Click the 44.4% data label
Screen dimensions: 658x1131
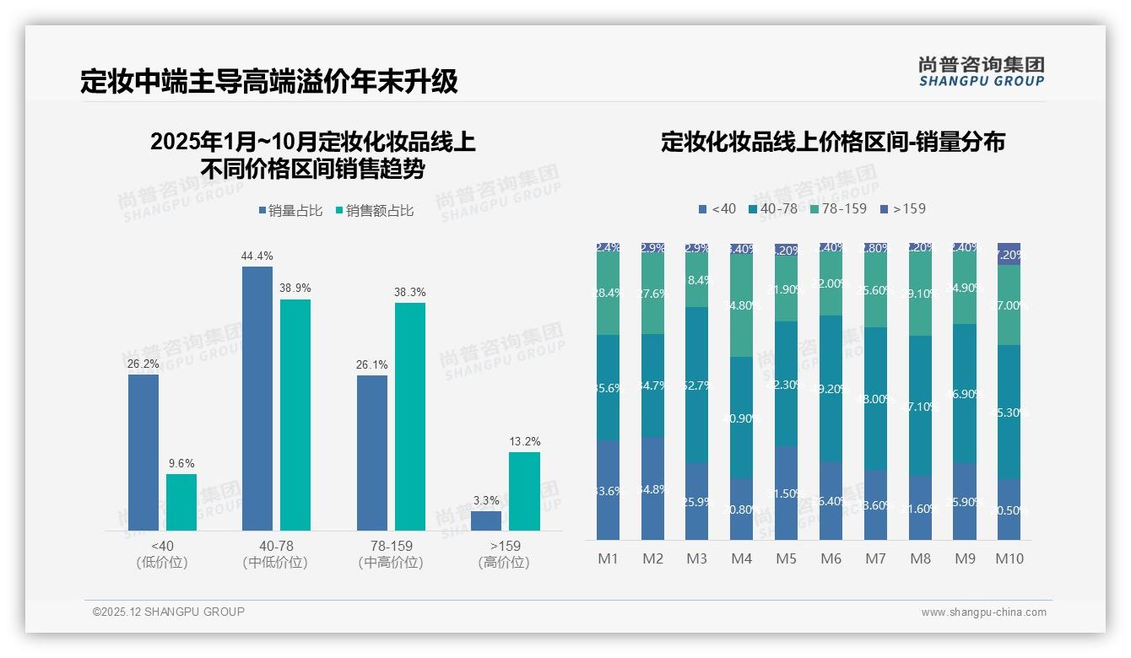[x=257, y=256]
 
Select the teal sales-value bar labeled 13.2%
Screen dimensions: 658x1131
[x=524, y=491]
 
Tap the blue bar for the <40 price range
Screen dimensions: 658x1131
[x=143, y=452]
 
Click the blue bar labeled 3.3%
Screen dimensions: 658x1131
[x=486, y=520]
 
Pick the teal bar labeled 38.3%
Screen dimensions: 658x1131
[x=410, y=416]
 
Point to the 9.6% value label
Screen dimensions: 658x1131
[x=181, y=463]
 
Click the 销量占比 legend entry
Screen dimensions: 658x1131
[x=290, y=211]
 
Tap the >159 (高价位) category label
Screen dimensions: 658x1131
[x=504, y=554]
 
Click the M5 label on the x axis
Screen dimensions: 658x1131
[x=786, y=558]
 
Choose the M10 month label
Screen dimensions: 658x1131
[x=1009, y=558]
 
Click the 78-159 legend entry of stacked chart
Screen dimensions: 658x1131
[x=837, y=208]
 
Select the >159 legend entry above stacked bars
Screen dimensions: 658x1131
[x=902, y=208]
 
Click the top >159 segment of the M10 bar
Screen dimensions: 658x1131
[x=1009, y=254]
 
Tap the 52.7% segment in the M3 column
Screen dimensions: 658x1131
[x=696, y=385]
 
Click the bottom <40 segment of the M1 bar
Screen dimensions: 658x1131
[x=608, y=490]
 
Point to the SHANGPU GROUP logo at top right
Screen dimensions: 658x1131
[x=981, y=72]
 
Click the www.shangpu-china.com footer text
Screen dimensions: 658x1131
[x=983, y=612]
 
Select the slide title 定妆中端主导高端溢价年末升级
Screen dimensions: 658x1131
[x=269, y=81]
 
